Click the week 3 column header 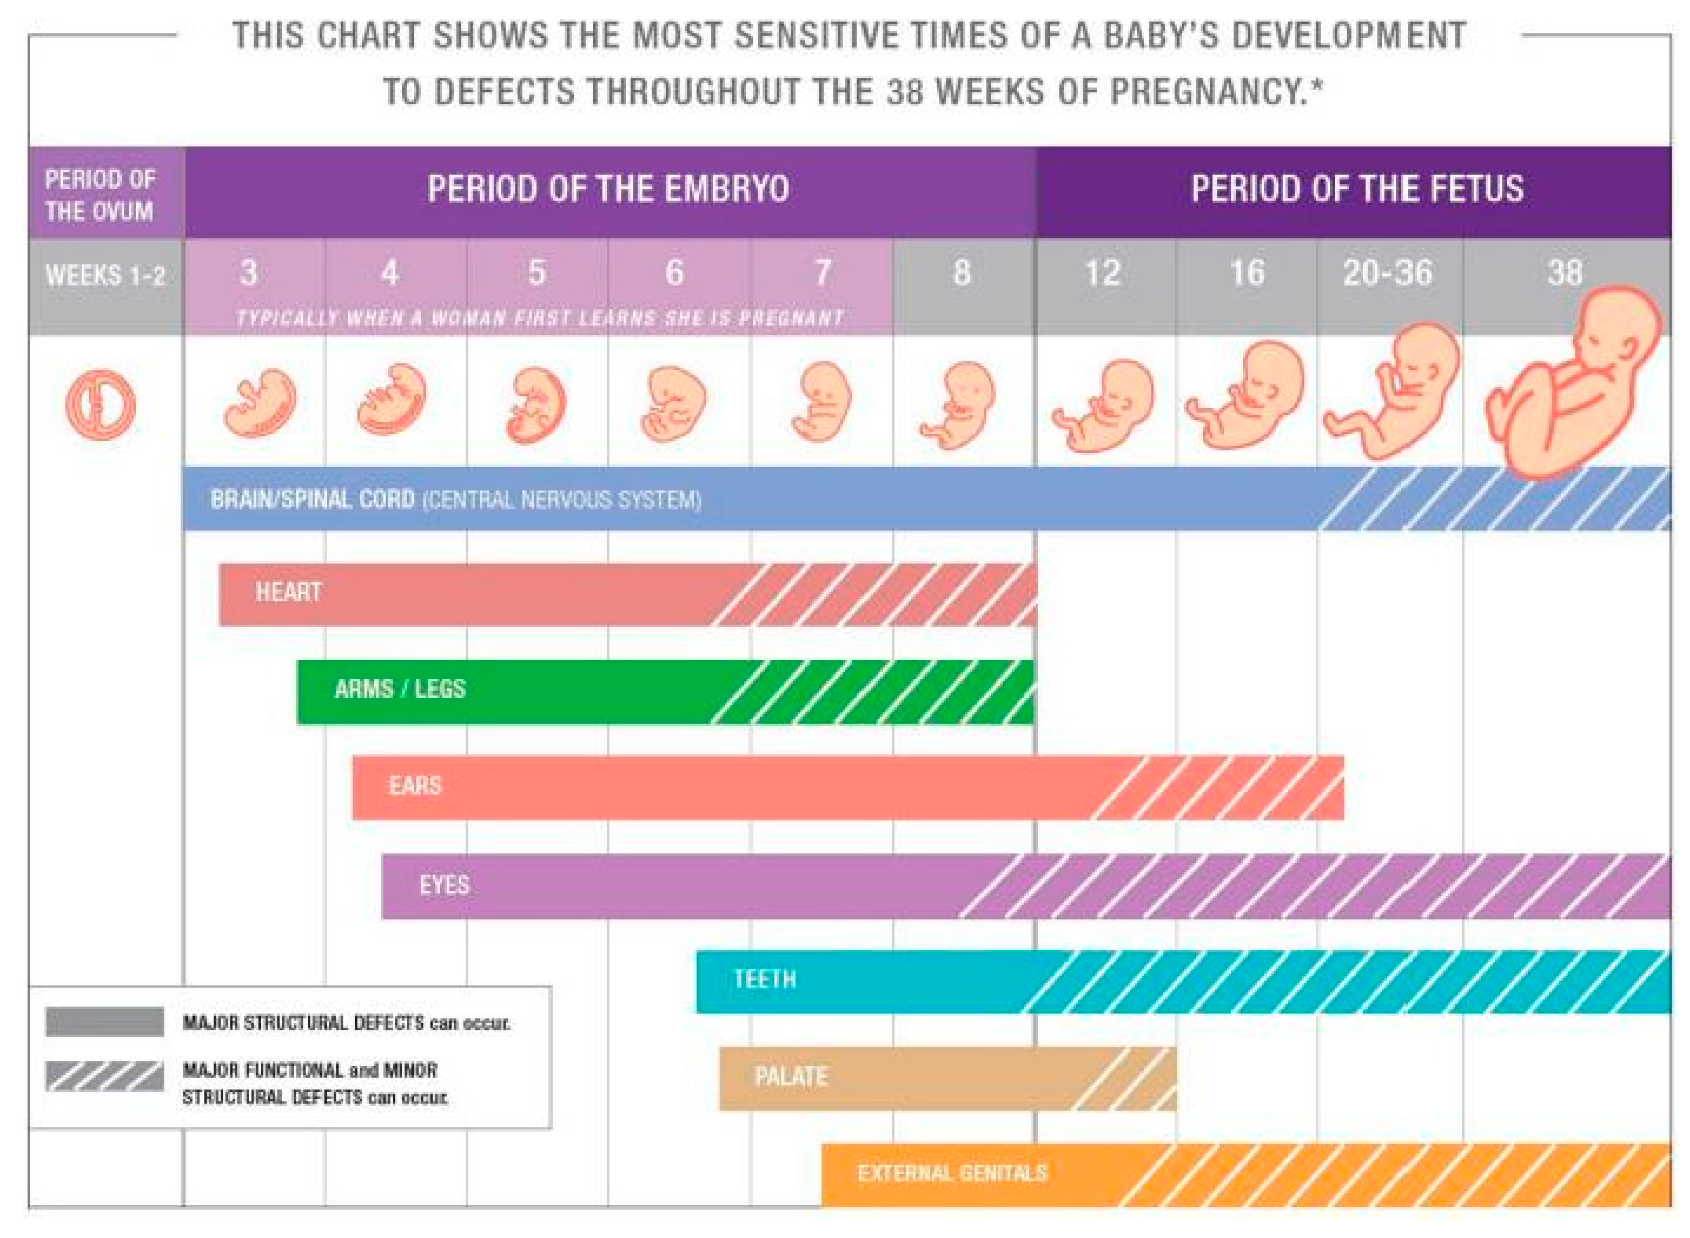coord(249,273)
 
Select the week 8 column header coord(961,273)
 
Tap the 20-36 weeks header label coord(1387,273)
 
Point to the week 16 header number coord(1246,273)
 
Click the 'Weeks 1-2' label coord(105,276)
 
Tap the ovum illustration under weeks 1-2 coord(100,405)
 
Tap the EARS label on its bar coord(415,785)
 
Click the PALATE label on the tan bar coord(790,1077)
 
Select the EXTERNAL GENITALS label coord(952,1173)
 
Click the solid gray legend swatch coord(104,1021)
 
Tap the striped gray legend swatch coord(104,1076)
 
